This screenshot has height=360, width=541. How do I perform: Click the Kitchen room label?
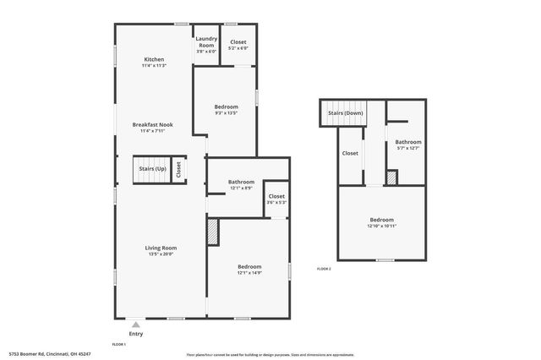tap(154, 59)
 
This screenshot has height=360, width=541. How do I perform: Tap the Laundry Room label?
tap(206, 41)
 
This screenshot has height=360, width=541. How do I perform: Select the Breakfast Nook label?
tap(153, 125)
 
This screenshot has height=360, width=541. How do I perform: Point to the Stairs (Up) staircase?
tap(152, 169)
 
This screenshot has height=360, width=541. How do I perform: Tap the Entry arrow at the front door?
tap(136, 324)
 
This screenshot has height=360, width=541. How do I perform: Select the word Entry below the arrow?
tap(136, 334)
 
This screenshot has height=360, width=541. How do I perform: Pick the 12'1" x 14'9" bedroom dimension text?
tap(249, 273)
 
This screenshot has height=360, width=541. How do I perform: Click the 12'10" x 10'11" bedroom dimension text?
tap(382, 226)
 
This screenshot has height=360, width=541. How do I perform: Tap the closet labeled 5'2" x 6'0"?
tap(238, 47)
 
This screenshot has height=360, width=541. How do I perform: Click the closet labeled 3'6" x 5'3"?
tap(276, 202)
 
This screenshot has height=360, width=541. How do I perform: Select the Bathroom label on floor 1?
tap(241, 182)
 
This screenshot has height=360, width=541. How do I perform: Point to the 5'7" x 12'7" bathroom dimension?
tap(408, 149)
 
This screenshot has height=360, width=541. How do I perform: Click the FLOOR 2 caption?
tap(324, 269)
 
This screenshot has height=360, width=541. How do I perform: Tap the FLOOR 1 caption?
tap(119, 345)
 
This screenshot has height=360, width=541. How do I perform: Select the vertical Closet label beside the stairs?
tap(178, 169)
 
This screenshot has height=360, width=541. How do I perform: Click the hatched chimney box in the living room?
tap(213, 232)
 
